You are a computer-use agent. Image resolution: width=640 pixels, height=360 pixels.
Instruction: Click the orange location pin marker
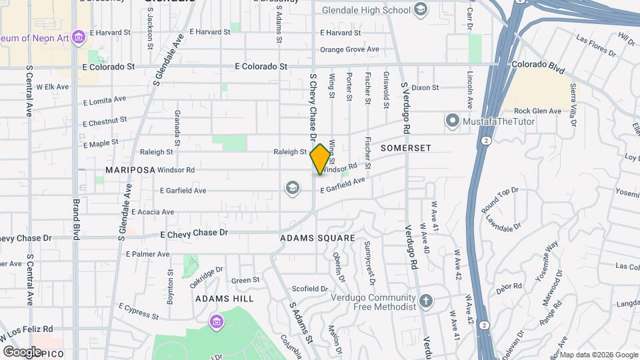[x=320, y=159]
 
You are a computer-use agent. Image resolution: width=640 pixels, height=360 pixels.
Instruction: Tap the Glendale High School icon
[x=421, y=9]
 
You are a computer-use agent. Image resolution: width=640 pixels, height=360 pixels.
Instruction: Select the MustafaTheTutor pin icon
[x=453, y=121]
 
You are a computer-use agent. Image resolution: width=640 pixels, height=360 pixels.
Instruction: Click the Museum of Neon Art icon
[x=79, y=35]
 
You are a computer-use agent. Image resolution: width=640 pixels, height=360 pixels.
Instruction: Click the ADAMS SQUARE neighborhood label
[x=317, y=238]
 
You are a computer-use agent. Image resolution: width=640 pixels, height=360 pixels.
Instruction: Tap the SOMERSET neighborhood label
[x=406, y=148]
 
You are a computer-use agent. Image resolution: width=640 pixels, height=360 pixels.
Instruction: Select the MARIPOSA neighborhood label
[x=125, y=170]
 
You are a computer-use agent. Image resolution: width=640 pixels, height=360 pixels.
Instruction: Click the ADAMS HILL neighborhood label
[x=225, y=299]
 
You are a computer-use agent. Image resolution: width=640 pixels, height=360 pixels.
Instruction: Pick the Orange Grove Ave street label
[x=349, y=49]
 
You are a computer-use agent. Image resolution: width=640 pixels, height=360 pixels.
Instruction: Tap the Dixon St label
[x=425, y=87]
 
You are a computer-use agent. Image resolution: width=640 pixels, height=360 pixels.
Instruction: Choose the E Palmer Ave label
[x=148, y=254]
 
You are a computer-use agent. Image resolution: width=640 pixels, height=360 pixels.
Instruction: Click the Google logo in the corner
[x=22, y=351]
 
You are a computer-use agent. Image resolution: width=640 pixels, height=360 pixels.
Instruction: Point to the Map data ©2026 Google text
[x=599, y=355]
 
